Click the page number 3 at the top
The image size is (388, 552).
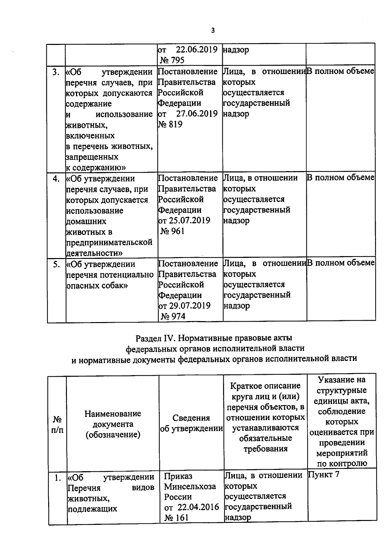[212, 31]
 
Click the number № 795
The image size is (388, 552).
[172, 60]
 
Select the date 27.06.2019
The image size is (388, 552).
[197, 114]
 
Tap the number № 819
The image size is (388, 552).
[170, 124]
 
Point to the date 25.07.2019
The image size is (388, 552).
[189, 221]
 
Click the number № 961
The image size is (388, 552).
[173, 231]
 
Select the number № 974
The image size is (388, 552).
[173, 317]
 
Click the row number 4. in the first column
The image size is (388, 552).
[56, 179]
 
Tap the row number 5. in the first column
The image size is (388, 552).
[57, 264]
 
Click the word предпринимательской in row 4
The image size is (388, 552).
[109, 242]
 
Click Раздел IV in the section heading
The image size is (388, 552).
[156, 338]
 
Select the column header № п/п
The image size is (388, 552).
[57, 424]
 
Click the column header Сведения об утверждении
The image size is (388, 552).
[191, 423]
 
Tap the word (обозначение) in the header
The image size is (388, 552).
[113, 435]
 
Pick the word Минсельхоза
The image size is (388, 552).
[190, 486]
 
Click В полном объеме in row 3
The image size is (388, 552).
[340, 71]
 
